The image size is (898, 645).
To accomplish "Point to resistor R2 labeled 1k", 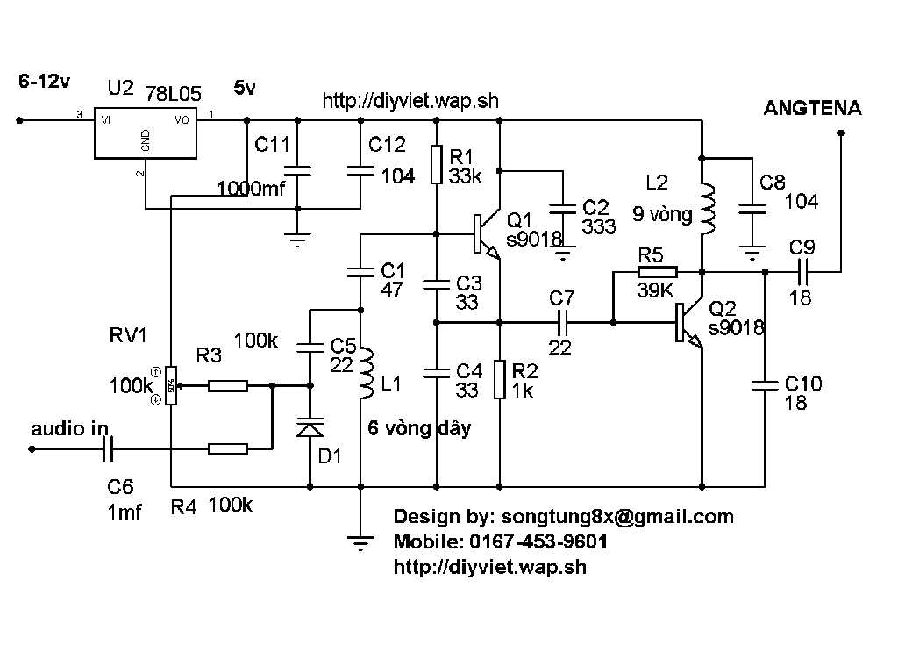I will [500, 379].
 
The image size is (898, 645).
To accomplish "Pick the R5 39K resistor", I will [657, 272].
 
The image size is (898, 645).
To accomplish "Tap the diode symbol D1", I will [310, 429].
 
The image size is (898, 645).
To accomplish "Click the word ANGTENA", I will [812, 109].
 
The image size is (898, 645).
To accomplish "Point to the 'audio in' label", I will [69, 430].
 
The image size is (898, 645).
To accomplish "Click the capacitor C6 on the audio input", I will [109, 450].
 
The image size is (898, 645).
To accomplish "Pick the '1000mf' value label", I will [251, 188].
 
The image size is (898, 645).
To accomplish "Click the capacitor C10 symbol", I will [766, 383].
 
